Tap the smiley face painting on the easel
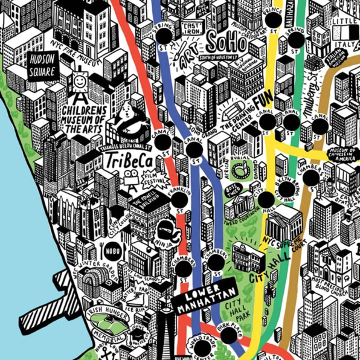click(x=80, y=81)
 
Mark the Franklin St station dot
click(x=178, y=205)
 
